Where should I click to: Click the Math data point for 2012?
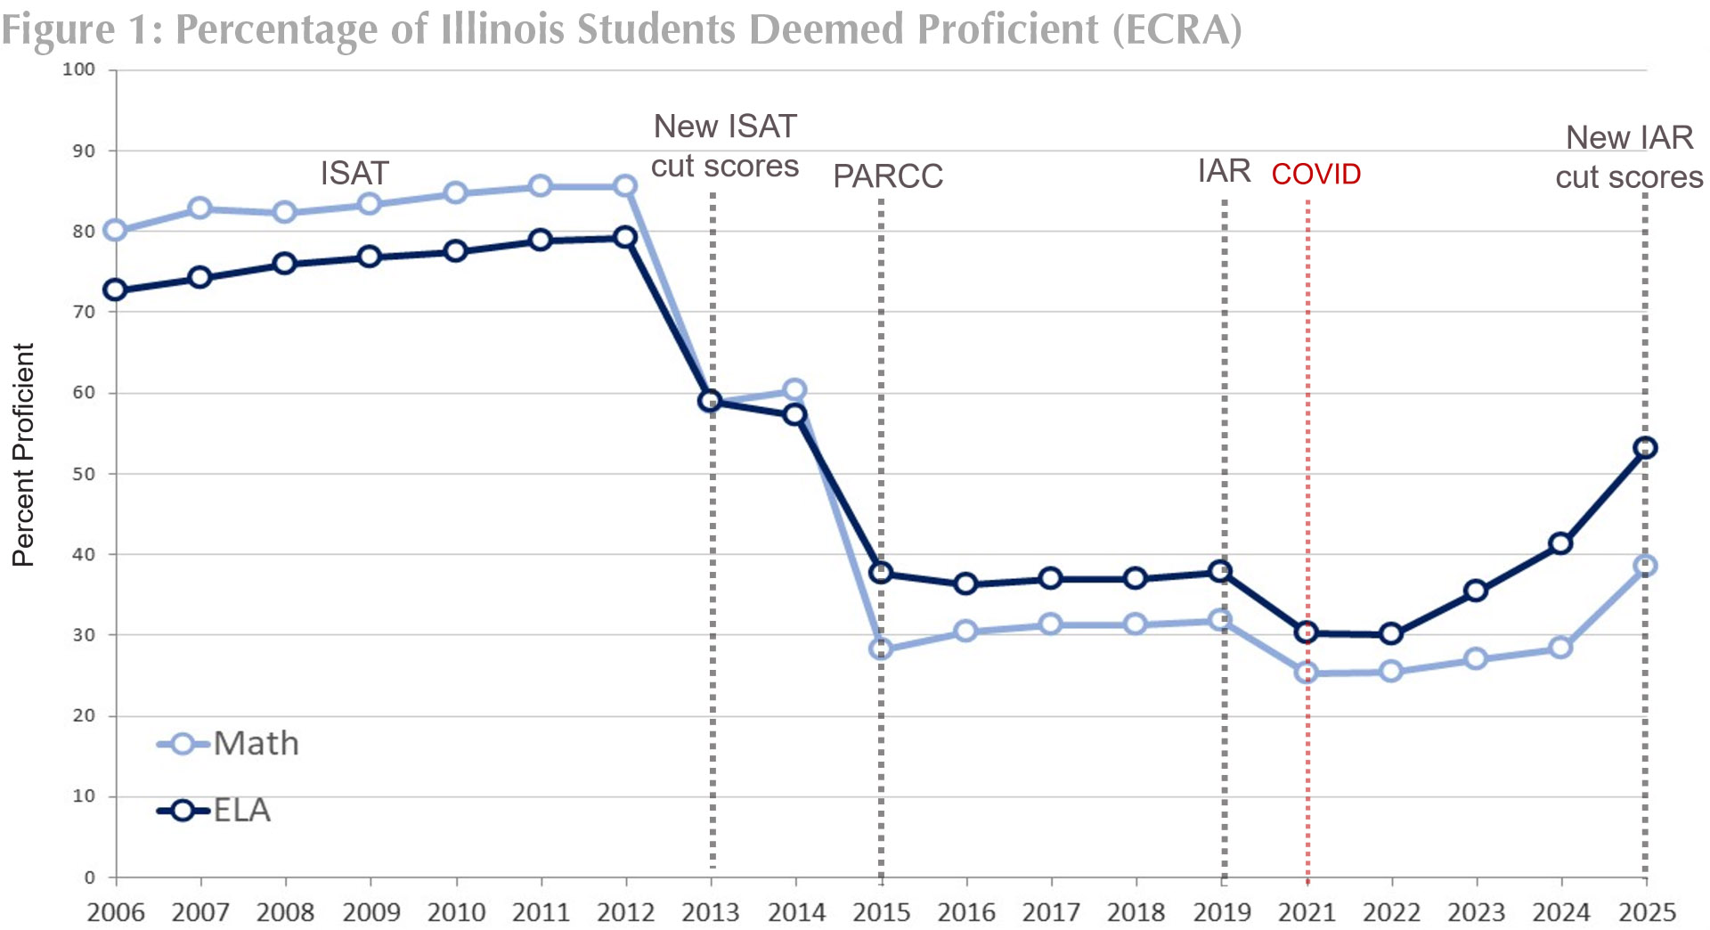625,186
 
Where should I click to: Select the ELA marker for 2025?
1645,448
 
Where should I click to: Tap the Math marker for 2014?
794,390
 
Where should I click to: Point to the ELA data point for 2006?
115,290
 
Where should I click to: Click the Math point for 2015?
880,649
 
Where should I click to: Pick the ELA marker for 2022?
1391,634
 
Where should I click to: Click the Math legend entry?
229,744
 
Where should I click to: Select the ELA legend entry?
215,811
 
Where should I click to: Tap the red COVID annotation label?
1315,174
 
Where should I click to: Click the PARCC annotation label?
887,176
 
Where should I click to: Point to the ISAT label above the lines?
354,173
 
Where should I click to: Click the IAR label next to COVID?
1224,171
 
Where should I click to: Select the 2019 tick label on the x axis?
1222,912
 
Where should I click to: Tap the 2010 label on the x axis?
456,912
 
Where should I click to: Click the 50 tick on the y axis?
84,474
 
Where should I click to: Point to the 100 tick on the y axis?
78,69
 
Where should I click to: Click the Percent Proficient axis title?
23,454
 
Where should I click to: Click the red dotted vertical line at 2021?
1307,766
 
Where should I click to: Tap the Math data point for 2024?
1559,648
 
